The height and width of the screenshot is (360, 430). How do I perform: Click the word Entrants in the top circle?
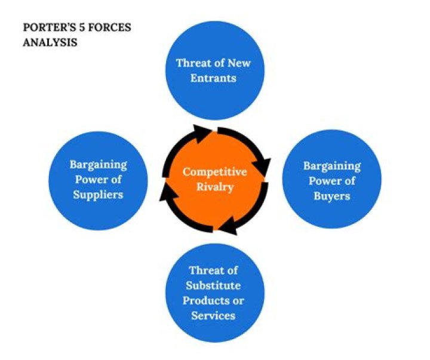[x=213, y=78]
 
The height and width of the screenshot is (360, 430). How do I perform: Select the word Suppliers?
[x=97, y=195]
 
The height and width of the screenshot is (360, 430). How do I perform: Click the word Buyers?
[x=331, y=196]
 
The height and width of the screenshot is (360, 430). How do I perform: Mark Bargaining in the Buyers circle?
[x=331, y=165]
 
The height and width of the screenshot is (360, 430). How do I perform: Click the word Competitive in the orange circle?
[x=214, y=172]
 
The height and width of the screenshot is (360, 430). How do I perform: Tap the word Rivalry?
[x=214, y=187]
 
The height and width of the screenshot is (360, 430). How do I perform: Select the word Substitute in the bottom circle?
[x=213, y=285]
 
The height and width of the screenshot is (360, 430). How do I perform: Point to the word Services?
[x=213, y=315]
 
